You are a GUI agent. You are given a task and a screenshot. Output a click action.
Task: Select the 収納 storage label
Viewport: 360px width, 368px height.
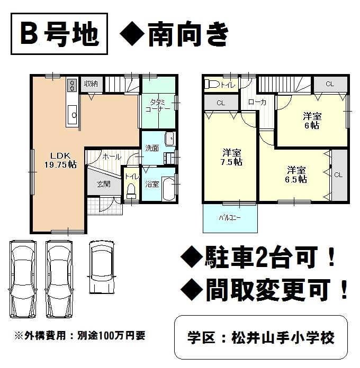click(90, 84)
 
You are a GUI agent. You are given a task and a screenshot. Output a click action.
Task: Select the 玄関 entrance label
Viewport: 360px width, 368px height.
click(103, 184)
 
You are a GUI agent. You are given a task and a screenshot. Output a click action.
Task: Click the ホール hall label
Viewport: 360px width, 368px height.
click(112, 157)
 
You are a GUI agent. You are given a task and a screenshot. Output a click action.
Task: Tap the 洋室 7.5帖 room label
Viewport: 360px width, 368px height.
click(232, 158)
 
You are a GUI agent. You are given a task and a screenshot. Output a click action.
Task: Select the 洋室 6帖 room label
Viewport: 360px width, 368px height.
click(311, 121)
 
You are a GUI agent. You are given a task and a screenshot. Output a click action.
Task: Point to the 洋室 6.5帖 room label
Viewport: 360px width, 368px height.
click(296, 174)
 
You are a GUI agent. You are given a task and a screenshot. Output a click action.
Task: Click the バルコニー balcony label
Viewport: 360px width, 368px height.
click(230, 217)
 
